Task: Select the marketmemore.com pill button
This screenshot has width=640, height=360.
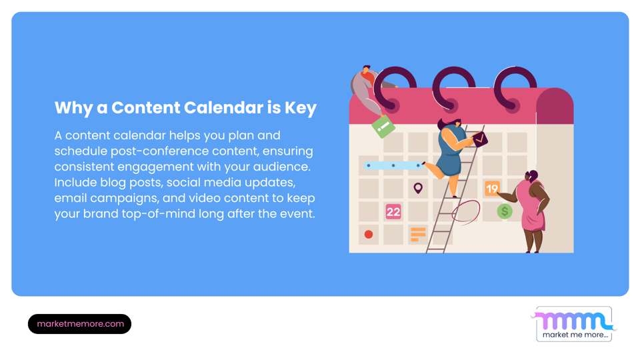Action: (x=80, y=324)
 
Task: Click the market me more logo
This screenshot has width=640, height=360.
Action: (x=574, y=324)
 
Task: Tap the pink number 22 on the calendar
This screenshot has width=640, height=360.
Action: (x=393, y=212)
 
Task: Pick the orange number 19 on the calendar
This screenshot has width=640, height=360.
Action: (x=492, y=189)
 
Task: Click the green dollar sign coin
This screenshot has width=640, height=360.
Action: (x=505, y=212)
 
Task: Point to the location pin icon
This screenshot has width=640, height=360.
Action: (x=418, y=189)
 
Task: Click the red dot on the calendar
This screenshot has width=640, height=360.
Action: (x=369, y=235)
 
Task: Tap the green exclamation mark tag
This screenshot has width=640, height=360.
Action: (x=383, y=126)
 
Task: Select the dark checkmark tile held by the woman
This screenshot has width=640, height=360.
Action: (x=479, y=139)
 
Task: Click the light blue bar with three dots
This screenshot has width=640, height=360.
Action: (x=393, y=165)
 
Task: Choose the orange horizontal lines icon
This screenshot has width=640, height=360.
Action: (x=418, y=234)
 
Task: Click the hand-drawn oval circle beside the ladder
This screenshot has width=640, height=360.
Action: (x=465, y=213)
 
